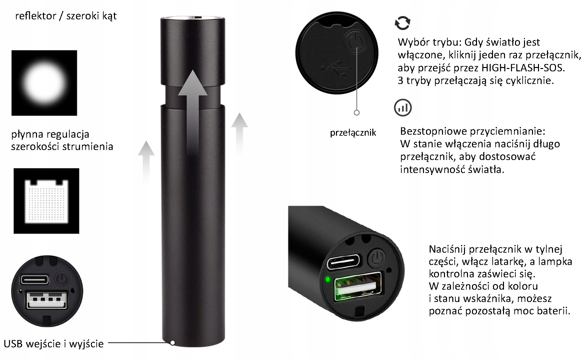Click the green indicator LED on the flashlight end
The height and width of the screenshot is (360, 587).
pyautogui.click(x=328, y=279)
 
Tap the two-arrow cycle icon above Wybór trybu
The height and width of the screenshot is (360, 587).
pyautogui.click(x=402, y=23)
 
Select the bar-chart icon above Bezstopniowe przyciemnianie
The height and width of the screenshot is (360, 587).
pyautogui.click(x=403, y=107)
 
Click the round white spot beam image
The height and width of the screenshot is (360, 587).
pyautogui.click(x=44, y=83)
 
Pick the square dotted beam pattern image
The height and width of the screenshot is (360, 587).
pyautogui.click(x=46, y=201)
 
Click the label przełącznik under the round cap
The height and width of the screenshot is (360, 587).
pyautogui.click(x=353, y=133)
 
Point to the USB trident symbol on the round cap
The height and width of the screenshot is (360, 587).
pyautogui.click(x=337, y=68)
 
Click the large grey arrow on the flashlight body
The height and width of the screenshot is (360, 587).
pyautogui.click(x=192, y=110)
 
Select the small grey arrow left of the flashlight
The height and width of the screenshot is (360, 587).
pyautogui.click(x=146, y=162)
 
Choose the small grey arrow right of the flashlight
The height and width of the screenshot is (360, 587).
pyautogui.click(x=239, y=133)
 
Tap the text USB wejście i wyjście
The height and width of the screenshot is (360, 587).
pyautogui.click(x=54, y=344)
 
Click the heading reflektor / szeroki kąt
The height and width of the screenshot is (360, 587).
pyautogui.click(x=66, y=16)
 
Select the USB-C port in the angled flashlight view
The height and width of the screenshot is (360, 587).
pyautogui.click(x=343, y=262)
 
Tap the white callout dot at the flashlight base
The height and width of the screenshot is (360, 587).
pyautogui.click(x=172, y=342)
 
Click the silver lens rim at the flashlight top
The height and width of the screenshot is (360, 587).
pyautogui.click(x=193, y=18)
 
